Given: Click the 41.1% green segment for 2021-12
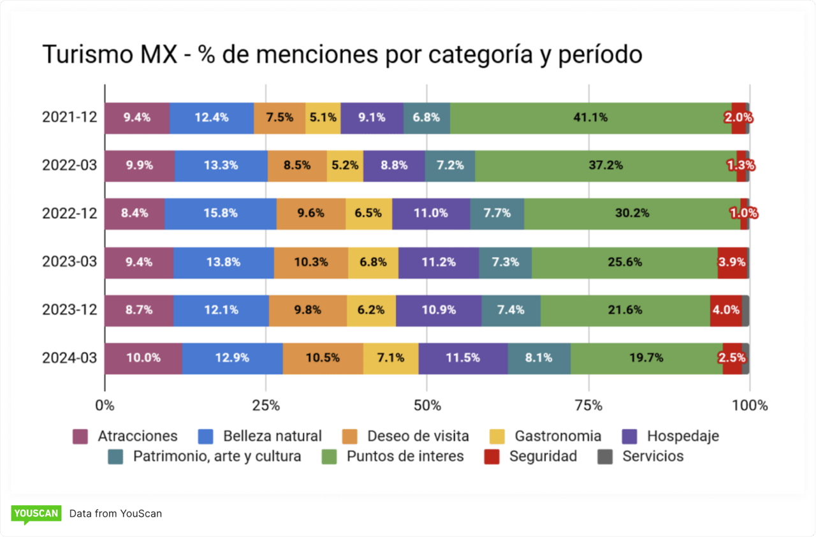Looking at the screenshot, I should tap(590, 118).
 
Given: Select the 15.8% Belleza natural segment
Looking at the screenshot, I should tap(221, 214).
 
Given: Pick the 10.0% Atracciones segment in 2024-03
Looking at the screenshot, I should tap(143, 358).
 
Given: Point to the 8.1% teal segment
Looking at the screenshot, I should tap(539, 358).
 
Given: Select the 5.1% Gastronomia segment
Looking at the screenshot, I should tap(323, 118).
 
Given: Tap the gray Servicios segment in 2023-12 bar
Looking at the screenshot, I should tap(745, 311).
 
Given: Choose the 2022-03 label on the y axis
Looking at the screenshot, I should tap(69, 166).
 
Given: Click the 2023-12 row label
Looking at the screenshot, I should tap(69, 311).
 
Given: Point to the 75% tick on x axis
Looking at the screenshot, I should tap(588, 406).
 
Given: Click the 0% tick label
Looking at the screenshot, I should tap(105, 406).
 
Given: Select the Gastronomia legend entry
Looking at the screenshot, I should tap(557, 436).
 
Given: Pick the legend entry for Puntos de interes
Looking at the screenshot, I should tap(405, 457).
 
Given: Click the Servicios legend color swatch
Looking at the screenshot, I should tap(605, 457).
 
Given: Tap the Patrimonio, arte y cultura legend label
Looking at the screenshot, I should tap(217, 457).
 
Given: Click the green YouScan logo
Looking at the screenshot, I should tap(36, 513).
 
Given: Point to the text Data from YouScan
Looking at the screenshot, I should tap(115, 513).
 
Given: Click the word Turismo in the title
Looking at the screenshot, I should tap(87, 55).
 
